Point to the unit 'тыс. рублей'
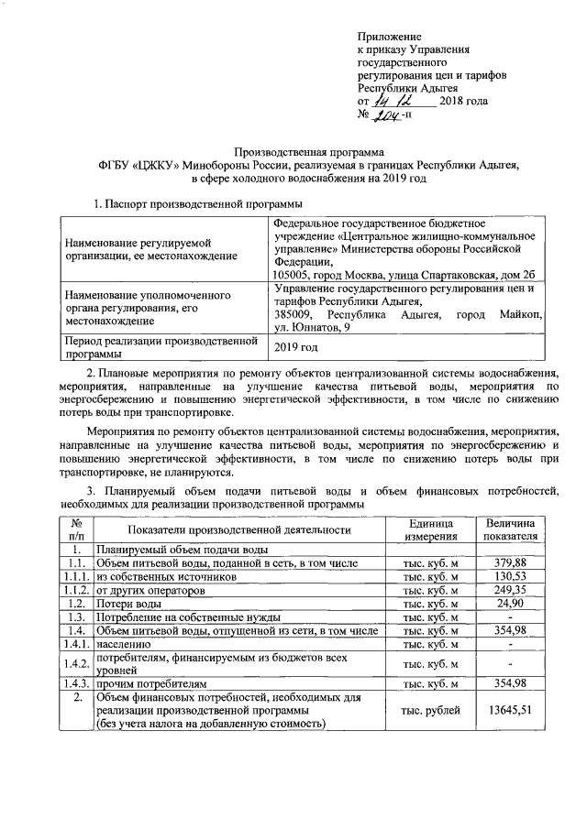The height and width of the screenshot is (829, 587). point(431,709)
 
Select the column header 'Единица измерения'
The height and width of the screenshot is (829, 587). point(431,529)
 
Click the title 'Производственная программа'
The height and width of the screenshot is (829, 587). point(303,150)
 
